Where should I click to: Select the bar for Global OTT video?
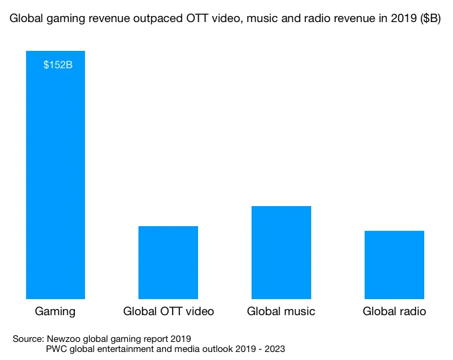(168, 262)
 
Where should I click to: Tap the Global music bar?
(281, 252)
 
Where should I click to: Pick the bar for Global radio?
(394, 264)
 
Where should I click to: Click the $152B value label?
(58, 65)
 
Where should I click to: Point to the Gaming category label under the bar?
(55, 311)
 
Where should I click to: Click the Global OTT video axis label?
(169, 311)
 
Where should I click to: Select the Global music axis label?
(281, 311)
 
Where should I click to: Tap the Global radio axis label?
(394, 311)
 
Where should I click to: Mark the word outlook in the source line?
(212, 349)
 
